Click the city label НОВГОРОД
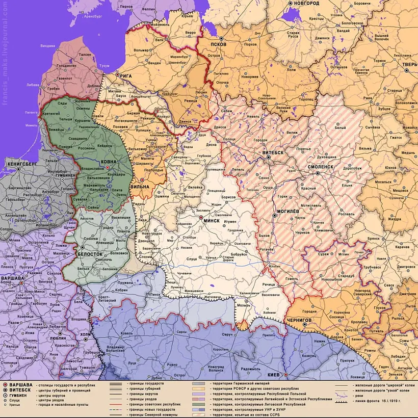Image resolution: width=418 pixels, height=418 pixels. [x=306, y=4]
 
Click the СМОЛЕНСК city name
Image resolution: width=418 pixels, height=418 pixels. [x=320, y=167]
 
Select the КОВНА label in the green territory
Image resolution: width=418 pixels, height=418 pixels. [x=109, y=162]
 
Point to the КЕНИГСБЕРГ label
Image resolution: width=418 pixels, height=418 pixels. [x=22, y=165]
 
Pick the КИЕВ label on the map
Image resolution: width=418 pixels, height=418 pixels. [x=273, y=375]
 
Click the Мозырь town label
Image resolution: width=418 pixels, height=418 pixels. [x=244, y=306]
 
